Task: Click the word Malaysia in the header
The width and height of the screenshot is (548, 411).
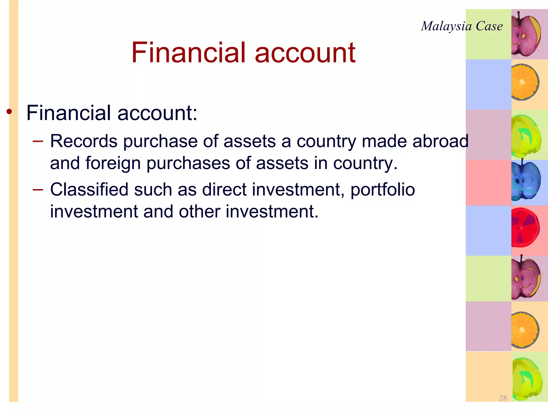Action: (x=446, y=26)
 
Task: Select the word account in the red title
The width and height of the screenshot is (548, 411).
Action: (x=305, y=53)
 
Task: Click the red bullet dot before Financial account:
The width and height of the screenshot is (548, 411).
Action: (x=10, y=112)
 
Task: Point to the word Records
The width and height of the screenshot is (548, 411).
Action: (x=83, y=141)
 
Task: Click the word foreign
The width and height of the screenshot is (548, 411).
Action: (x=113, y=163)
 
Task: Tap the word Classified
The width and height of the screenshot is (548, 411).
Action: (x=89, y=189)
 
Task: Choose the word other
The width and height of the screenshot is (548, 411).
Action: (x=199, y=211)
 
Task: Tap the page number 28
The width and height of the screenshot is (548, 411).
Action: (x=503, y=398)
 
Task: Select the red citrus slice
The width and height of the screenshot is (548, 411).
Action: (x=525, y=227)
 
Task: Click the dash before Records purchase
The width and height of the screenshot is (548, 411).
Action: (x=38, y=141)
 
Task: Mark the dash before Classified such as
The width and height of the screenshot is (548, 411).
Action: (x=38, y=190)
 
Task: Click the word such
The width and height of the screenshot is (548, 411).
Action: (x=153, y=189)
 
